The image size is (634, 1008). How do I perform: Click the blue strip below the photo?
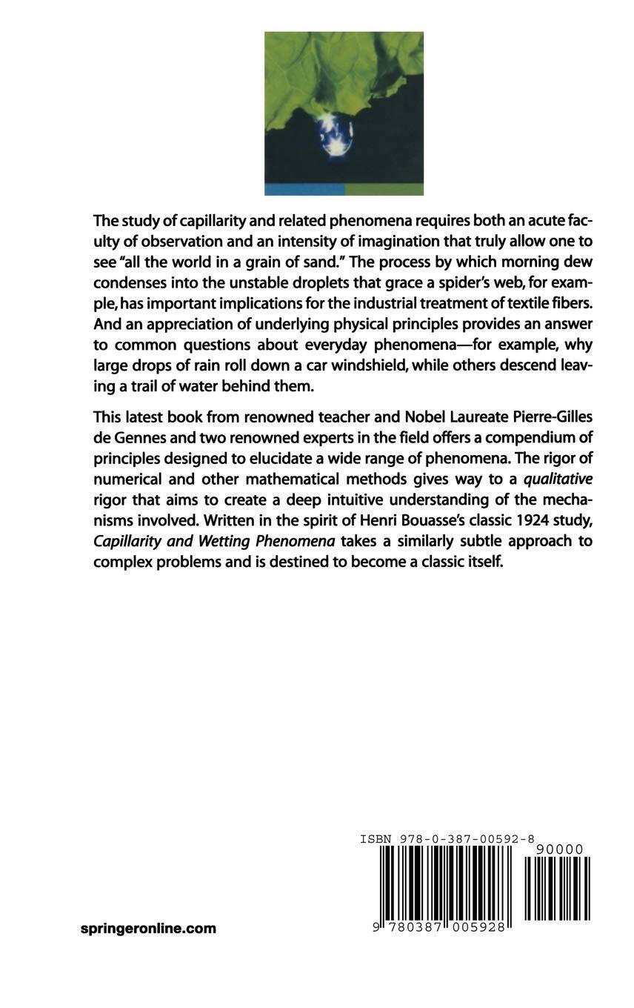pos(304,189)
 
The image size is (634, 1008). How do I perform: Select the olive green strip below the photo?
pos(384,189)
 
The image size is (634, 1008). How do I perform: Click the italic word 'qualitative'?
pos(558,479)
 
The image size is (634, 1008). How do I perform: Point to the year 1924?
pos(525,520)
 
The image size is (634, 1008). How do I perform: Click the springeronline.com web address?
pos(148,928)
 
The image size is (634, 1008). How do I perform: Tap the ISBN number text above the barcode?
pos(447,839)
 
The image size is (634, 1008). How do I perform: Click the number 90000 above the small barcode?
pos(558,849)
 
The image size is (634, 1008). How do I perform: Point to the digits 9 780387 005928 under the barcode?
pos(439,927)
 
